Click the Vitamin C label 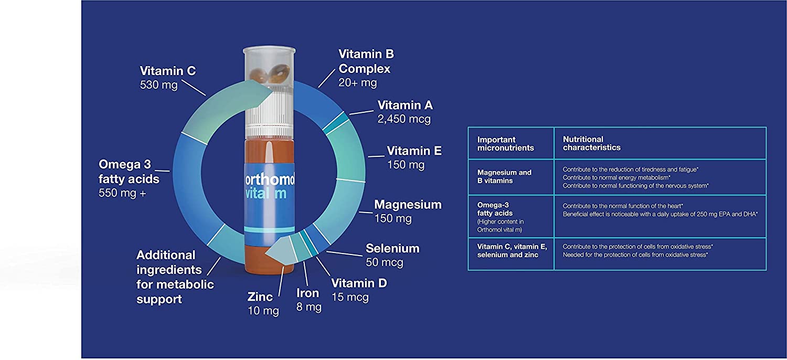pos(167,71)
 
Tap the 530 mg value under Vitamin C pos(159,85)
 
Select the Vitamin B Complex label pos(366,61)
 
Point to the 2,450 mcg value pos(404,119)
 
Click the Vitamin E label pos(414,151)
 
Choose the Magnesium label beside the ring pos(408,205)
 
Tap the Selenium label pos(392,249)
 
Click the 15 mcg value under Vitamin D pos(350,298)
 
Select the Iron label pos(308,293)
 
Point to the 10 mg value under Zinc pos(263,311)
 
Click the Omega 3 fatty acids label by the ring pos(129,172)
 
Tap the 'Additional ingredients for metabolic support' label pos(175,277)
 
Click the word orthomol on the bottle pos(270,179)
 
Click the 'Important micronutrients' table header pos(506,143)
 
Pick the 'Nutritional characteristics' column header pos(592,143)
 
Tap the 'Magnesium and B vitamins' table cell pos(504,176)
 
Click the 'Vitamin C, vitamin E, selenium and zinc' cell pos(512,251)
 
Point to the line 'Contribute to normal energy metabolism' pos(616,177)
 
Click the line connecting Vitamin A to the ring pos(361,112)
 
